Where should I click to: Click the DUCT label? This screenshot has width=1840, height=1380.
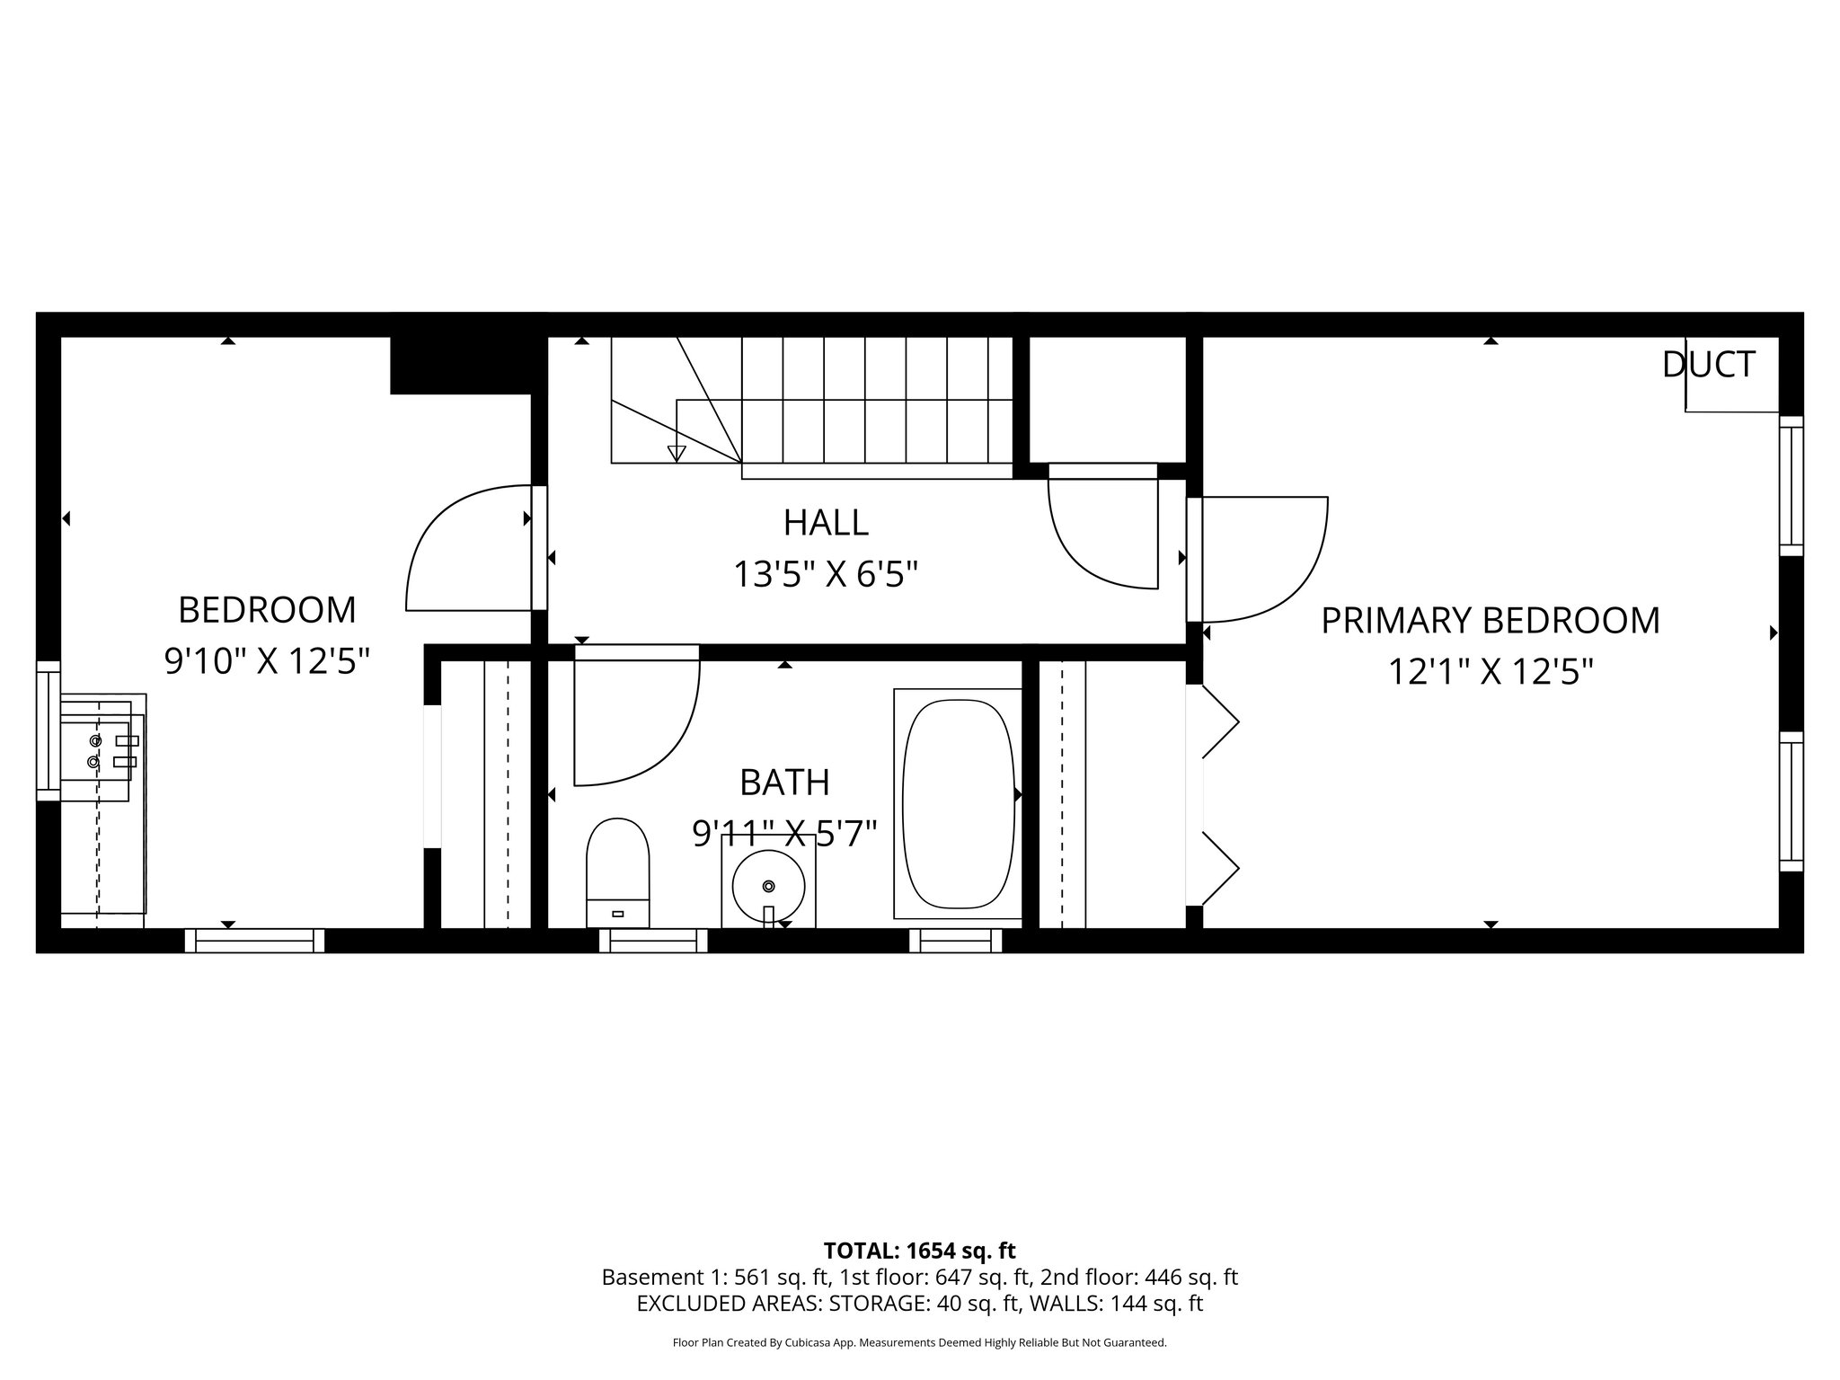pos(1708,365)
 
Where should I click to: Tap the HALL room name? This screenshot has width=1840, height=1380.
pos(826,522)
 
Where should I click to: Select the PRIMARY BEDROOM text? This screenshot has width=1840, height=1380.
pos(1490,621)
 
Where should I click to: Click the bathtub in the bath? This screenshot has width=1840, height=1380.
pos(958,803)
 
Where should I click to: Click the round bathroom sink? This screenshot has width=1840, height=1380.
pos(768,885)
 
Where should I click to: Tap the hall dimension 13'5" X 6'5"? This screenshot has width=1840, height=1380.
pos(826,573)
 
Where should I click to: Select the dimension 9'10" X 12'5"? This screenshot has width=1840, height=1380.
pos(267,661)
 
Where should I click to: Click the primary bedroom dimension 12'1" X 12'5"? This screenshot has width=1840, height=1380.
pos(1491,671)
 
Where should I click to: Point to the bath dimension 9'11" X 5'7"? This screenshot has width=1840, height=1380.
pos(783,834)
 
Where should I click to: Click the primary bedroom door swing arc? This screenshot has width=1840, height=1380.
pos(1294,584)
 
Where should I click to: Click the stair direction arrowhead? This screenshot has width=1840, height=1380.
pos(677,453)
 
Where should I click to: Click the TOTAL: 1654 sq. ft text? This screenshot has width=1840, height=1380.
pos(919,1251)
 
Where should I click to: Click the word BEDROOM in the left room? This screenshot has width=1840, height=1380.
pos(267,610)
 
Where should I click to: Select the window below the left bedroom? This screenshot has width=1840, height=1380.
pos(254,940)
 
